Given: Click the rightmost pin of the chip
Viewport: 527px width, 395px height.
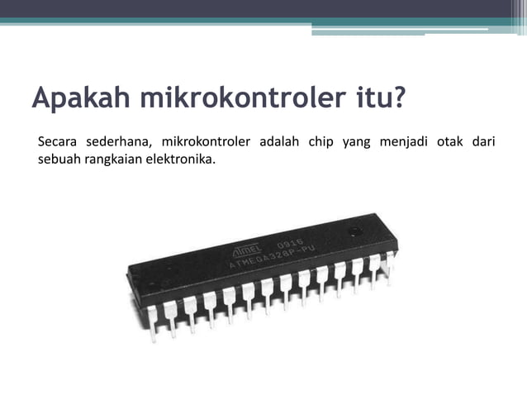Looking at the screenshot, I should pos(390,258).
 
